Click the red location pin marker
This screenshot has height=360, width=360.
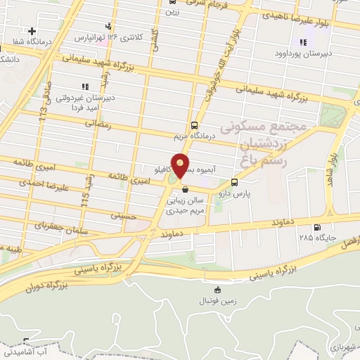(x=181, y=165)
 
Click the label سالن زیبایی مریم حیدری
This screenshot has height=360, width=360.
(x=184, y=205)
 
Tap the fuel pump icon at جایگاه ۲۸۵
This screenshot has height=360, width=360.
(x=318, y=227)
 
